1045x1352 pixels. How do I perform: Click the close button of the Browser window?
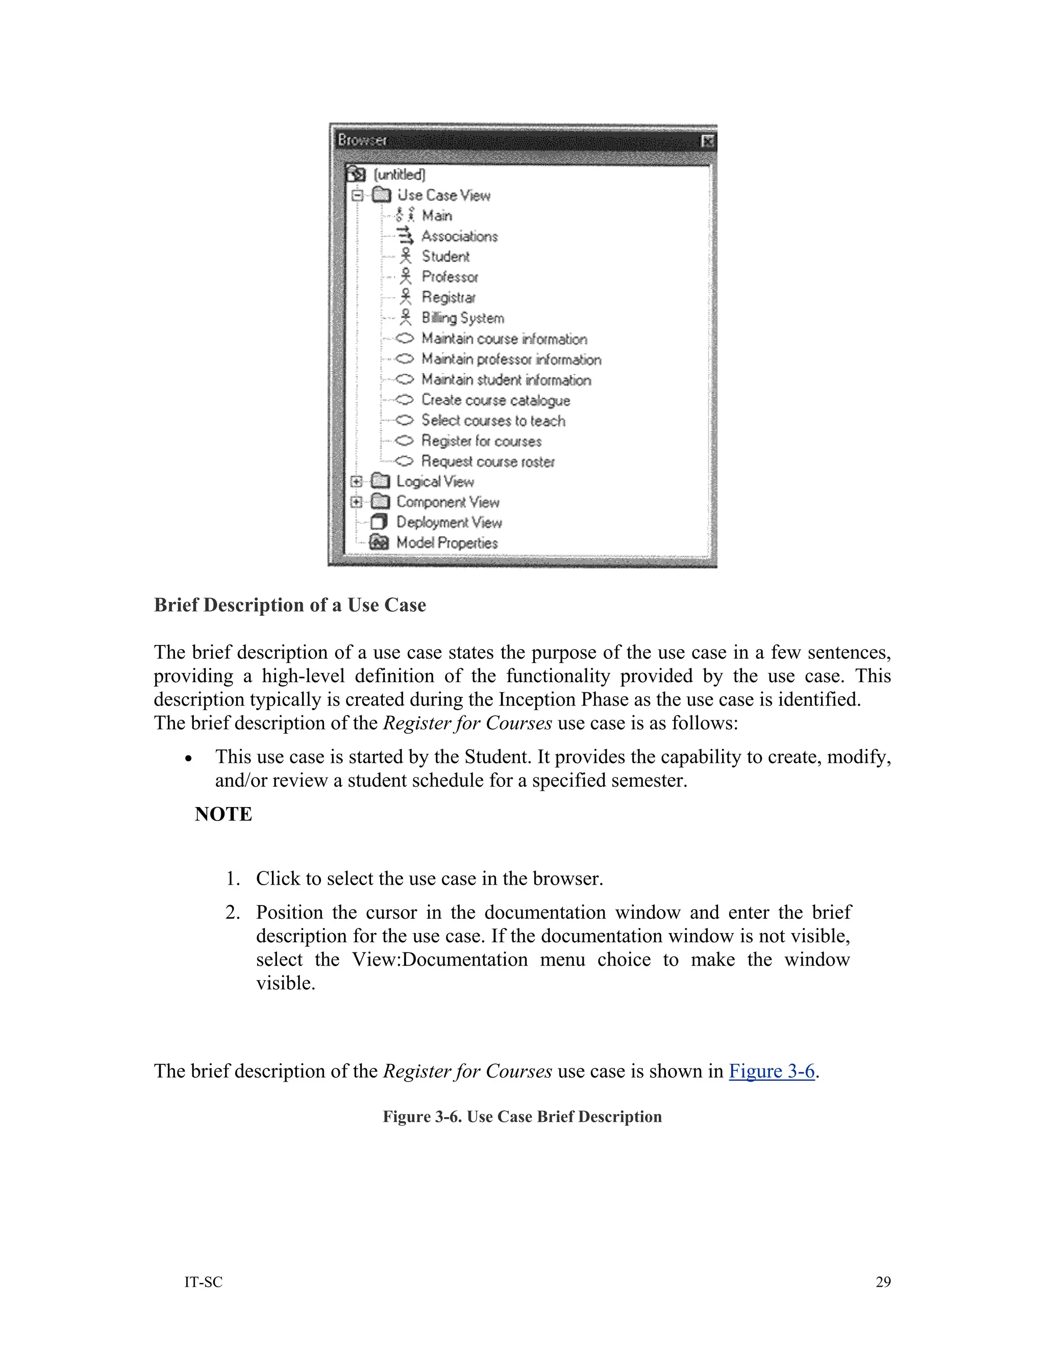tap(708, 142)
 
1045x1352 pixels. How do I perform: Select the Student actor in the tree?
tap(445, 256)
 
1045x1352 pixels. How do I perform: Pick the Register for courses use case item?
tap(481, 441)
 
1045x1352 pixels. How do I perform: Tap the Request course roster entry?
tap(488, 461)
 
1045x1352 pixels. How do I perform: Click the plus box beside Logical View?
tap(356, 482)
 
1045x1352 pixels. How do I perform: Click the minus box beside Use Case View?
tap(357, 195)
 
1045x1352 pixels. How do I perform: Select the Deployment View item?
tap(449, 522)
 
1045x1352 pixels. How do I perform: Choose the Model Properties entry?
tap(446, 543)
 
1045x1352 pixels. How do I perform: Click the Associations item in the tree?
tap(459, 236)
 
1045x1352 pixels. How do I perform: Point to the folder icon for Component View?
tap(380, 502)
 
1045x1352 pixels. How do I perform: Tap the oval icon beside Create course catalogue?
tap(404, 400)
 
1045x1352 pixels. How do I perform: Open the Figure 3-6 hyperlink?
tap(772, 1071)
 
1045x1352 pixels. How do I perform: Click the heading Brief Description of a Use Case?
tap(290, 605)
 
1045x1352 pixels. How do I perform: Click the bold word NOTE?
tap(223, 814)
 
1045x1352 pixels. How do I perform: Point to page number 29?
tap(883, 1282)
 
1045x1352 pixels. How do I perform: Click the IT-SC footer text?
tap(203, 1282)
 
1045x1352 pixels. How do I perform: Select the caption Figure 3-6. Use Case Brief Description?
tap(522, 1117)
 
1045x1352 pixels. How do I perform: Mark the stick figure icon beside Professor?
tap(406, 277)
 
